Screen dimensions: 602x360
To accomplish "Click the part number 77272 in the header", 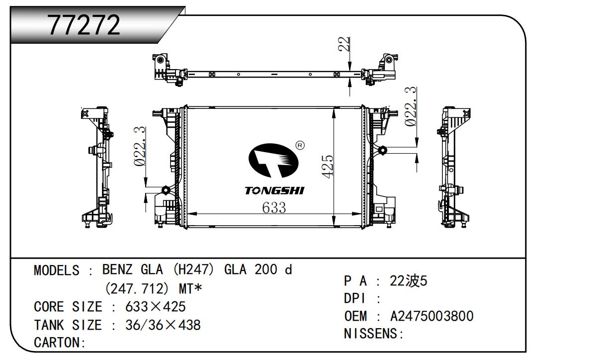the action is tap(84, 25).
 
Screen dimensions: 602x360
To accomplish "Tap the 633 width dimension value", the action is tap(274, 208).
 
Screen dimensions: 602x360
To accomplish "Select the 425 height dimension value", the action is tap(328, 167).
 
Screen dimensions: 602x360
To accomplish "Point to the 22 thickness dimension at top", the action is tap(344, 44).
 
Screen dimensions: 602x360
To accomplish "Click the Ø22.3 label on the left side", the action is tap(140, 147).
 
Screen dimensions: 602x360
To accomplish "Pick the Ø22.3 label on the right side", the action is tap(411, 106).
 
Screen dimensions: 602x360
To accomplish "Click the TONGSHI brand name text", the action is tap(274, 190).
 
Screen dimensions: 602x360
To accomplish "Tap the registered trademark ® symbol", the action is tap(300, 146).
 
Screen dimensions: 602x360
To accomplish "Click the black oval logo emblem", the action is tap(273, 161).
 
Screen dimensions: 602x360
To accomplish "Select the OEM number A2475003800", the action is tap(431, 316).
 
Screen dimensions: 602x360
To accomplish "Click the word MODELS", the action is tap(57, 270).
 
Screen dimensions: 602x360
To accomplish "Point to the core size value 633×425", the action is tap(155, 307).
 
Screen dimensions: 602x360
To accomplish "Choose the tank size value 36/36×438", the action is tap(163, 325).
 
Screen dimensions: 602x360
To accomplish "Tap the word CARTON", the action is tap(57, 343).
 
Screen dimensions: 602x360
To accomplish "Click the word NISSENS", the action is tap(371, 334).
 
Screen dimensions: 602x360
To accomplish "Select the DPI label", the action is tap(355, 298).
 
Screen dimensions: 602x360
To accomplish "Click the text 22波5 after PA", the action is tap(409, 281).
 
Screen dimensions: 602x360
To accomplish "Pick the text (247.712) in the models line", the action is tap(137, 289).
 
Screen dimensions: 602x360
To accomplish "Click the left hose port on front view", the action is tap(166, 190).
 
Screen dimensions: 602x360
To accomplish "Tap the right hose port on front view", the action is tap(382, 150).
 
